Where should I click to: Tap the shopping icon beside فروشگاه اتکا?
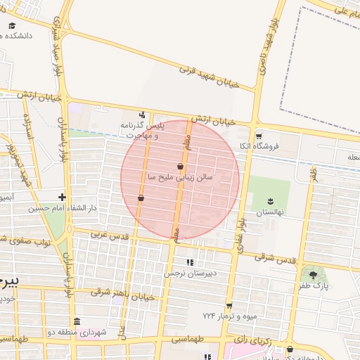pos(259,136)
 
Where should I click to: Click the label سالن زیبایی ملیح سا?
pos(179,178)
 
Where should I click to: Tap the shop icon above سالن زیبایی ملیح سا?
pos(181,167)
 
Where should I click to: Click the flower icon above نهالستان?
pos(269,200)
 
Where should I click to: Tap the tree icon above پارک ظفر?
pos(313,274)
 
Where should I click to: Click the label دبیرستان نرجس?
pos(188,273)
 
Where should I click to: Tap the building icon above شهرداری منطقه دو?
pos(77,321)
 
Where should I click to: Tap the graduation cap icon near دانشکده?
pos(12,25)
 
